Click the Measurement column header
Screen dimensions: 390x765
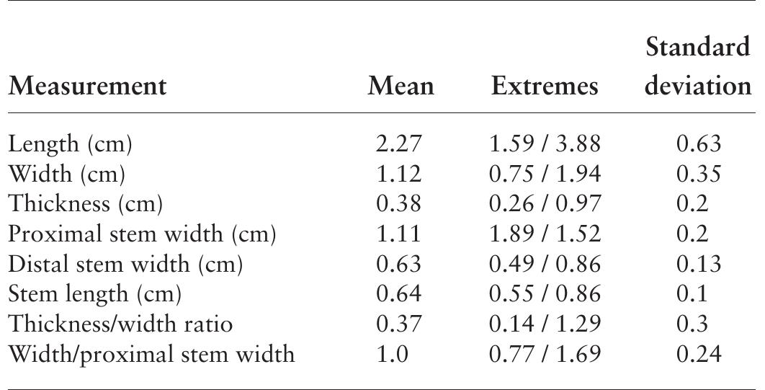click(87, 87)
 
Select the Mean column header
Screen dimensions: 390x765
click(401, 87)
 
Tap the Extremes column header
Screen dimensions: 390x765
click(545, 87)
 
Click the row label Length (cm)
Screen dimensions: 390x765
click(70, 144)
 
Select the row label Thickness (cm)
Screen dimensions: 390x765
click(86, 205)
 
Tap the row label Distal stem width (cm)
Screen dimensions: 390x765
click(125, 265)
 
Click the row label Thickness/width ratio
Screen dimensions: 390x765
click(120, 324)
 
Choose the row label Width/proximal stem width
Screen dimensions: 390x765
click(151, 354)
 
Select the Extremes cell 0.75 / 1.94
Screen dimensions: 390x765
click(545, 174)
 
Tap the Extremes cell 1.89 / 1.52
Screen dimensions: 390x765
click(545, 234)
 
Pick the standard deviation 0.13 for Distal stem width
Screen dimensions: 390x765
click(698, 265)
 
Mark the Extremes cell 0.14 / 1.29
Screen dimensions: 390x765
click(545, 324)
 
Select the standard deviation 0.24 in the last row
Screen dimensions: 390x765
click(698, 354)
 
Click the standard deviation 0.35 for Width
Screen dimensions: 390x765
click(698, 174)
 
